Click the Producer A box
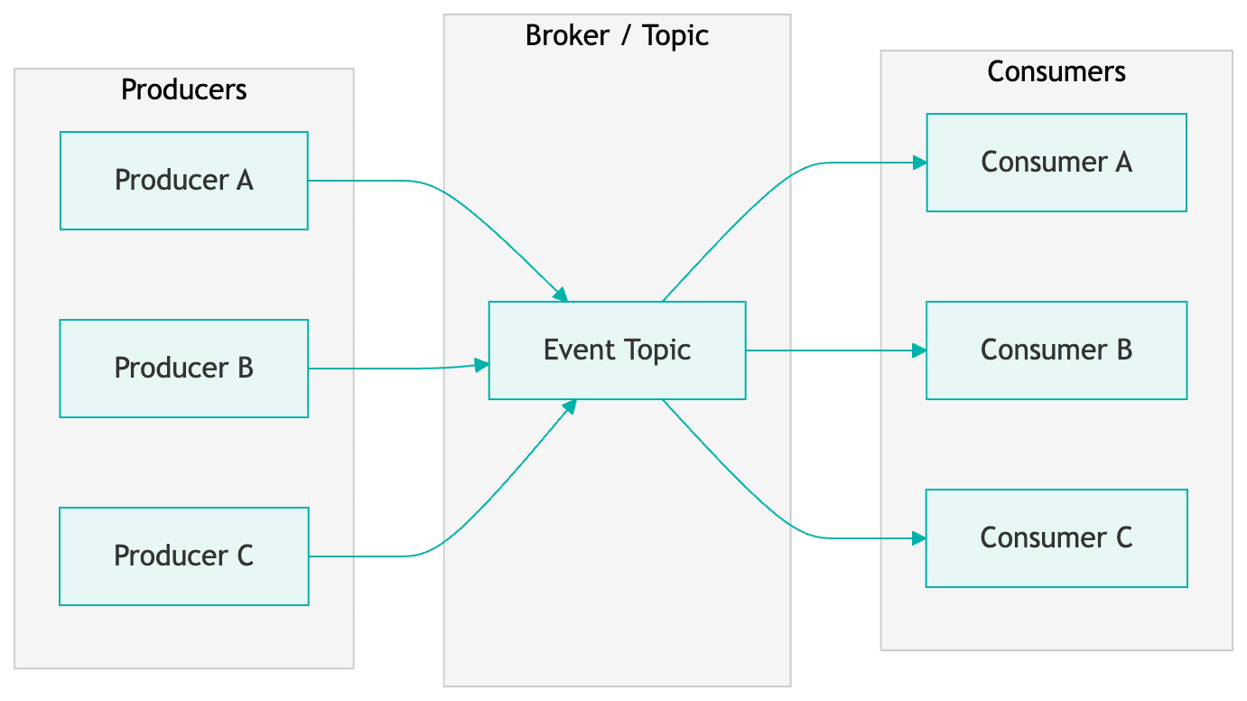[183, 181]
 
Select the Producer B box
[183, 369]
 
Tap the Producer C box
[183, 556]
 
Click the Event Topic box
[617, 350]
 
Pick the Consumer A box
[1056, 163]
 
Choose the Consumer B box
[1056, 350]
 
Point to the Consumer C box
[1056, 538]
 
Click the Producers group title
[183, 90]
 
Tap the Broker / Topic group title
[617, 36]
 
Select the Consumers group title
[1056, 72]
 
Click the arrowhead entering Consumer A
[920, 163]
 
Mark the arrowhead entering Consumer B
[920, 350]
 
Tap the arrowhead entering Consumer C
[920, 538]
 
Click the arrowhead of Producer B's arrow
[482, 365]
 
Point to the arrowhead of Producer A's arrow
[561, 294]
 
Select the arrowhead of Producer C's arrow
[569, 407]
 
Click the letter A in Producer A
[245, 181]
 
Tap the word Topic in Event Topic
[658, 350]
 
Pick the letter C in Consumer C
[1122, 538]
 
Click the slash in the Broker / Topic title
[622, 36]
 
